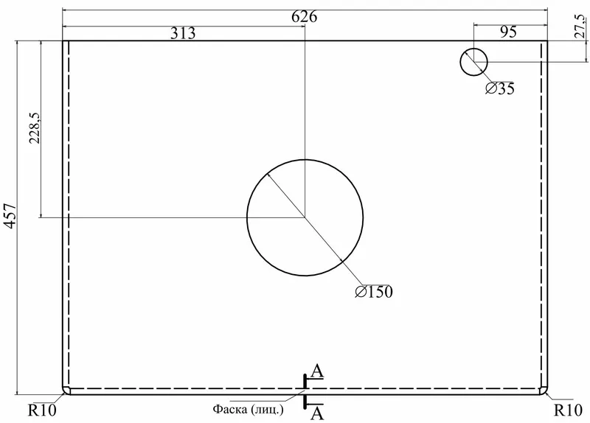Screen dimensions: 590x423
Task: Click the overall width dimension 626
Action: point(305,16)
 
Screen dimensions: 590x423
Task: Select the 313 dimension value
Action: point(183,33)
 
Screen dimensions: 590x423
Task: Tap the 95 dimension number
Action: point(508,32)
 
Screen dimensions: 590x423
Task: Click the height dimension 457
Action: point(10,216)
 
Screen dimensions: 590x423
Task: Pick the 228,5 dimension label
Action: point(35,127)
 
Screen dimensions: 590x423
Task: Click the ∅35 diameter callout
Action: point(500,88)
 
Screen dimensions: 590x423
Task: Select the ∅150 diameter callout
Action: point(374,292)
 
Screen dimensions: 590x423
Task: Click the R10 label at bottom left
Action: point(42,410)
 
